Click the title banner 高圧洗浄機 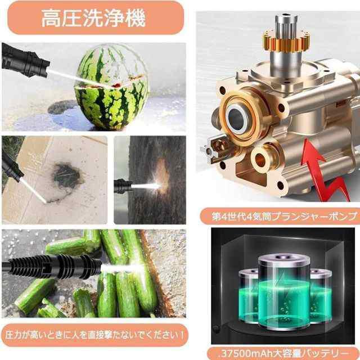coord(96,18)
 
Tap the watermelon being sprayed coord(111,87)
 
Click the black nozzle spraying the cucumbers coord(52,266)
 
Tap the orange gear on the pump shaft coord(286,42)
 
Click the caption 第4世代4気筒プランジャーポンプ coord(285,216)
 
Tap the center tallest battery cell coord(284,292)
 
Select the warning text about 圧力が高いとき coord(94,335)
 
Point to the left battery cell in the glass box coord(249,296)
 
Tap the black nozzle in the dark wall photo coord(123,186)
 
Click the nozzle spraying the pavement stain coord(12,165)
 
